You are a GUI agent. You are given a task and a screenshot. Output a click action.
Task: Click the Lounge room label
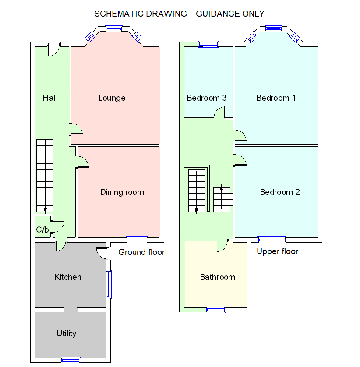click(x=112, y=98)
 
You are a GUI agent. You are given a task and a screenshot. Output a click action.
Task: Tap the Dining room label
click(x=122, y=192)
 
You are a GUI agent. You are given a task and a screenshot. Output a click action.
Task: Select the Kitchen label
click(x=68, y=277)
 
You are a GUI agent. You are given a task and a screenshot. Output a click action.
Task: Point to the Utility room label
click(x=66, y=334)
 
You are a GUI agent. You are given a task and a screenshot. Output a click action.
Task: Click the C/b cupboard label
click(x=42, y=229)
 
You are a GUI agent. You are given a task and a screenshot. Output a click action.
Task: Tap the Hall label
click(x=50, y=98)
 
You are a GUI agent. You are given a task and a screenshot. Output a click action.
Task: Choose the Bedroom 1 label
click(x=276, y=98)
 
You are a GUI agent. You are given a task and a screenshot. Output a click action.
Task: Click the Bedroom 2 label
click(x=280, y=192)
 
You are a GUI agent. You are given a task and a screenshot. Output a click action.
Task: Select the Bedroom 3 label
click(x=206, y=98)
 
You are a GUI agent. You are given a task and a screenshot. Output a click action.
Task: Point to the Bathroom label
click(x=217, y=277)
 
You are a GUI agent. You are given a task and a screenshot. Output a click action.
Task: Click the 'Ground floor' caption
click(x=141, y=252)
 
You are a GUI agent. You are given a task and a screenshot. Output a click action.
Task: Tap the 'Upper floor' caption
click(x=277, y=251)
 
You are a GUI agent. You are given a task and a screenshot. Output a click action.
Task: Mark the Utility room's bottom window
click(x=70, y=360)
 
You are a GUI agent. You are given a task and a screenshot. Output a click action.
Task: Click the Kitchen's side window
click(x=108, y=284)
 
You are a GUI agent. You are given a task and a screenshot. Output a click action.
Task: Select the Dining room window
click(x=137, y=240)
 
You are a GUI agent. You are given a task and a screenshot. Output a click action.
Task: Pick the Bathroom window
click(x=215, y=310)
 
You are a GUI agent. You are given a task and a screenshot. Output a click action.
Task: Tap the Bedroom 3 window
click(x=208, y=44)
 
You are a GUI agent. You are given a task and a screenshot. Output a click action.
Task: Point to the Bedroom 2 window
click(x=272, y=240)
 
